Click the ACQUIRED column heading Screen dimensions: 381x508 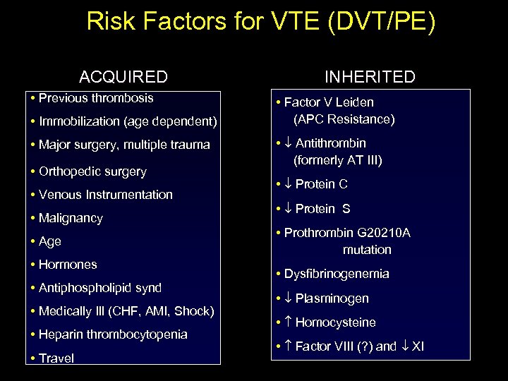click(123, 77)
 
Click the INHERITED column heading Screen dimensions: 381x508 click(370, 77)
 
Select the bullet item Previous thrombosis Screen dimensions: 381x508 click(96, 98)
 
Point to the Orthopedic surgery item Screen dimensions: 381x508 click(92, 171)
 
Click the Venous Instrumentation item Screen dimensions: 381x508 click(106, 195)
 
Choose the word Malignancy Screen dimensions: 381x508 click(71, 218)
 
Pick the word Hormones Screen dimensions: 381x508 click(68, 265)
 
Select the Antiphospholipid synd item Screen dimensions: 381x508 click(100, 288)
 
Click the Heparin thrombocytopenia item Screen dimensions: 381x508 click(113, 334)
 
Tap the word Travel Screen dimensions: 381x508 click(56, 358)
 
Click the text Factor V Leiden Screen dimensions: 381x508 click(329, 102)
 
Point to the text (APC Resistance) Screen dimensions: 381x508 click(344, 119)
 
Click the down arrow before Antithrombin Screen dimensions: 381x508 click(288, 143)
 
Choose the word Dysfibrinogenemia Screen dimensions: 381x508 click(337, 274)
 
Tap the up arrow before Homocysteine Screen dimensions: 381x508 click(288, 322)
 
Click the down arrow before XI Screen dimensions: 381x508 click(404, 346)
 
